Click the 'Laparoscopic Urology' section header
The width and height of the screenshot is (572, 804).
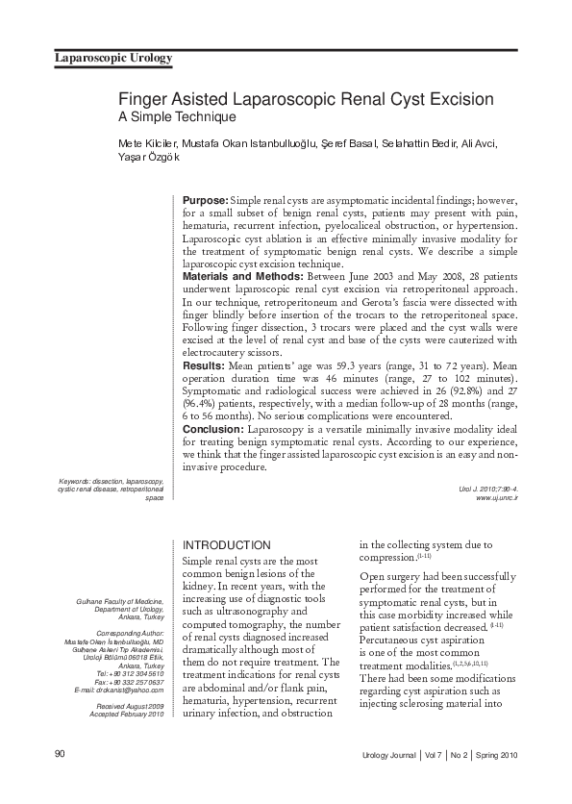112,59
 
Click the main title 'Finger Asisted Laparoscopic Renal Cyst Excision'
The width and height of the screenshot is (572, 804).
306,99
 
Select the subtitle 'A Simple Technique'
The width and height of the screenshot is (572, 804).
177,117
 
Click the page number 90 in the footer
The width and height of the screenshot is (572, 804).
60,753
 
